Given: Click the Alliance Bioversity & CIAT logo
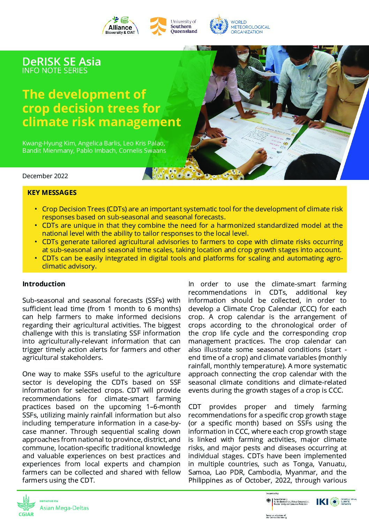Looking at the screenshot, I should point(120,26).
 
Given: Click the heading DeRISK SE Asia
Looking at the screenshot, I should point(61,62).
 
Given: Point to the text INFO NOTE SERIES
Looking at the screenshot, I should point(55,70).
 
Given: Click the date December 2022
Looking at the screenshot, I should point(45,176).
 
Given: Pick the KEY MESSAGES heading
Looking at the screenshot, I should point(52,192).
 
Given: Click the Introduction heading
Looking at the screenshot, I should point(44,284).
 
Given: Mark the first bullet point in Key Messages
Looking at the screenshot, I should point(36,209).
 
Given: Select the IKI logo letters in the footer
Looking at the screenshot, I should point(322,501).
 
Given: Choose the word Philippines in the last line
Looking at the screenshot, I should point(206,481).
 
